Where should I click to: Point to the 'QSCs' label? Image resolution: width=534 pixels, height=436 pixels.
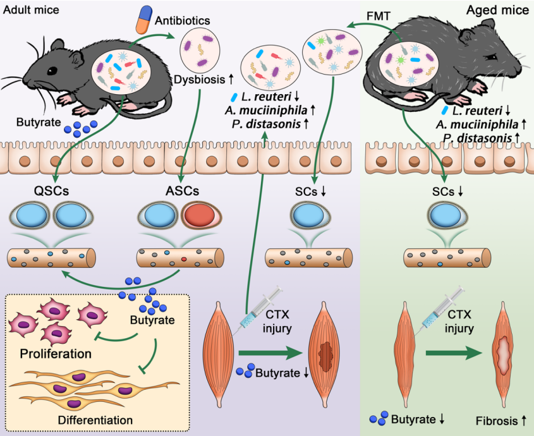point(52,191)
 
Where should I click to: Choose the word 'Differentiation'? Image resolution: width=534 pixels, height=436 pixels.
point(95,420)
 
